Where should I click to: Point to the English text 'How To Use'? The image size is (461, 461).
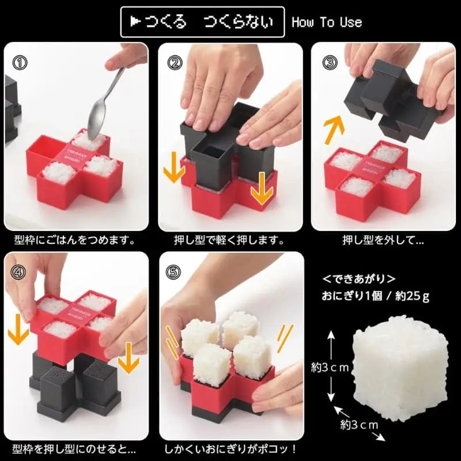coord(327,22)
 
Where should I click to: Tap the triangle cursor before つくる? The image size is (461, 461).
coord(135,22)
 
